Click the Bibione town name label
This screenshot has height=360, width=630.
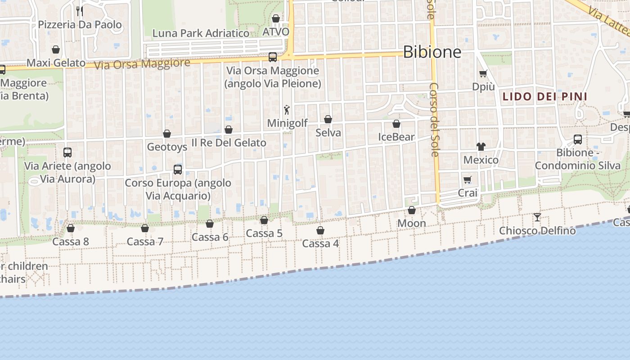click(x=432, y=52)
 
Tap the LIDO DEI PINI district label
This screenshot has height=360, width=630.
click(x=544, y=96)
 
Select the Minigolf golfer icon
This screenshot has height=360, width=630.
click(x=287, y=109)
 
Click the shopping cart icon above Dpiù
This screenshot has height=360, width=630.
click(x=483, y=74)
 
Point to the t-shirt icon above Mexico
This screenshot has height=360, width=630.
click(x=481, y=146)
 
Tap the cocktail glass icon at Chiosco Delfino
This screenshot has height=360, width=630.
click(x=537, y=217)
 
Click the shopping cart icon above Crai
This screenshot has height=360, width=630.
click(x=468, y=180)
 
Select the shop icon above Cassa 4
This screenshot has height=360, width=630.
click(x=320, y=230)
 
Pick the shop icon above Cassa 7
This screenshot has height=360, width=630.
click(x=145, y=228)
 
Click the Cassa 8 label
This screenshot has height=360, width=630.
click(x=71, y=242)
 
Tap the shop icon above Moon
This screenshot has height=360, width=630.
click(x=412, y=210)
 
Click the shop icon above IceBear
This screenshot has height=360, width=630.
click(x=396, y=124)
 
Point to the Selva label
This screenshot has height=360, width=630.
click(x=328, y=133)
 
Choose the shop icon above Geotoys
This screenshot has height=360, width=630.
click(x=167, y=134)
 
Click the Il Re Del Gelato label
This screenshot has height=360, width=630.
click(x=229, y=143)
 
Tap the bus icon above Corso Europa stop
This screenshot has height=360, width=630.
click(x=178, y=170)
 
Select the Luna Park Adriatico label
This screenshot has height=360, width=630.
click(x=201, y=33)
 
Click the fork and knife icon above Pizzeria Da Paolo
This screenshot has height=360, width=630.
click(x=80, y=11)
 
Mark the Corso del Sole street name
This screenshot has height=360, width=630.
click(x=434, y=119)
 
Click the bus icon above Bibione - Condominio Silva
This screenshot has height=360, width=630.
click(x=578, y=139)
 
